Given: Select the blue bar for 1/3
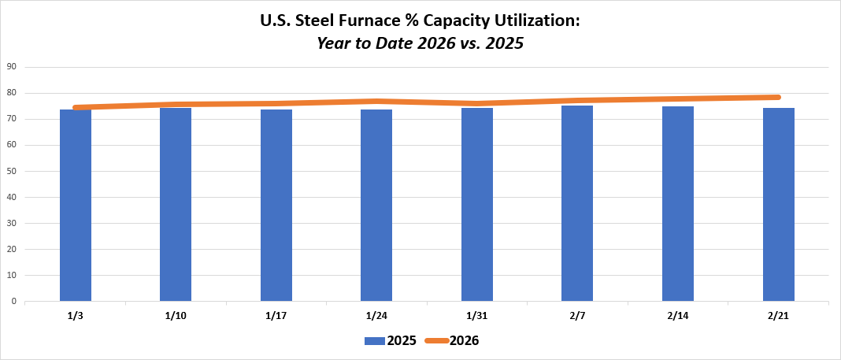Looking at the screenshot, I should tap(76, 205).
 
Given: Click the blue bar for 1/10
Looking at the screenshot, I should tap(176, 205).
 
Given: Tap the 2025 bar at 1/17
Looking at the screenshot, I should tap(276, 205).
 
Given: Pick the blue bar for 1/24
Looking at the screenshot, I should tap(376, 205).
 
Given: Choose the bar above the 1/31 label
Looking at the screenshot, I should tap(477, 205).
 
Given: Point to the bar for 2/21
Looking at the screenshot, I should tap(778, 205).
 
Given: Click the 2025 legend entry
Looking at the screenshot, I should tap(391, 340).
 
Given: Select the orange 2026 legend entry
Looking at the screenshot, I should tap(452, 340).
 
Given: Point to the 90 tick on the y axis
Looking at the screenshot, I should tap(12, 67).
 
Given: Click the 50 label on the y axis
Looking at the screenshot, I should tap(12, 171).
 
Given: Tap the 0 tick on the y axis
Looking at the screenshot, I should tap(14, 301).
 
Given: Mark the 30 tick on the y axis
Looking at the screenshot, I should tap(12, 223).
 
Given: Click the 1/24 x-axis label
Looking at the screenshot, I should tap(376, 316).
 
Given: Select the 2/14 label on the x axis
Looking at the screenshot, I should tap(678, 316).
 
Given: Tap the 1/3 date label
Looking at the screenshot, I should tap(76, 316).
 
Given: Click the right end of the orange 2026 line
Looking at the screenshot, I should tap(777, 97).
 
